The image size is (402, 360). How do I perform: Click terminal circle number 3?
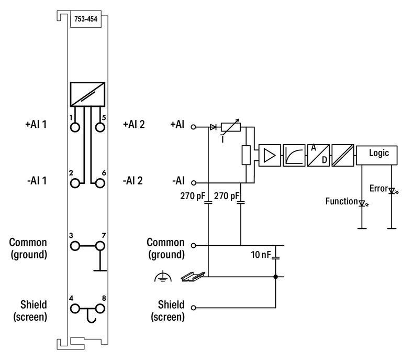point(76,245)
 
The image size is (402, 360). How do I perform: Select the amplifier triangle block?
point(270,156)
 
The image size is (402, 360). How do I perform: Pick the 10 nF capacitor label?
point(261,255)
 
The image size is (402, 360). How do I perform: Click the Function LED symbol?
point(361,202)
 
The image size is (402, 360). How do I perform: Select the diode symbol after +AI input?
point(213,127)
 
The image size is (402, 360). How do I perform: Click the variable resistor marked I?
point(230,127)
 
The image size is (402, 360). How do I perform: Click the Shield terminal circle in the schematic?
point(193,308)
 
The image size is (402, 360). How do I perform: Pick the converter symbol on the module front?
point(87,94)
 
